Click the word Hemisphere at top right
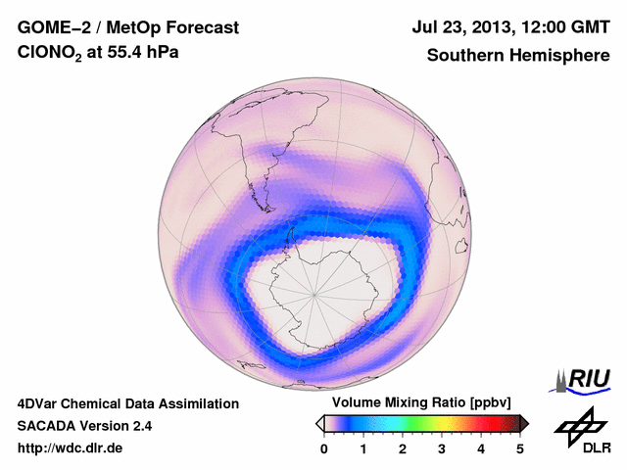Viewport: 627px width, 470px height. point(557,56)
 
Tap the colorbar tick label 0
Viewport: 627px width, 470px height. point(324,448)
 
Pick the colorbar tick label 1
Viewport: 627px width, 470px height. point(363,448)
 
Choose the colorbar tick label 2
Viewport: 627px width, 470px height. point(403,448)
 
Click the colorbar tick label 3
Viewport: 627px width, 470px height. point(442,448)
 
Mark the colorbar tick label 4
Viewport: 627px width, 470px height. point(481,448)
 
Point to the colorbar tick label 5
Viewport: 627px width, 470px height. point(520,448)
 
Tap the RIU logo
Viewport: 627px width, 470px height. point(583,380)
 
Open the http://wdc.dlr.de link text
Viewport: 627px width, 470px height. point(71,448)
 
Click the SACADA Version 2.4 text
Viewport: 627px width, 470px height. point(84,426)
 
